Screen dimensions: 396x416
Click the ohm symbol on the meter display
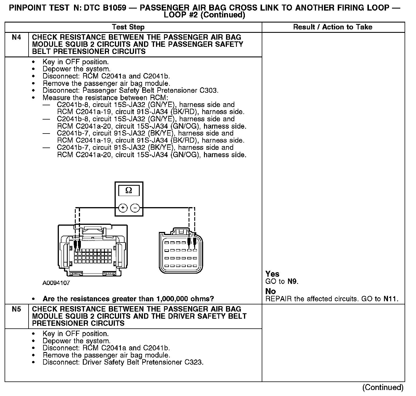click(129, 190)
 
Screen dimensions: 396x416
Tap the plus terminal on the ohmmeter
click(123, 208)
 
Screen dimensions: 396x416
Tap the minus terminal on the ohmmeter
click(135, 208)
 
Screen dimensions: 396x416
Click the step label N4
click(17, 37)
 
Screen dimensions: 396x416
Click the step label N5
click(17, 309)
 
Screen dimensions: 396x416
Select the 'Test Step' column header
click(128, 27)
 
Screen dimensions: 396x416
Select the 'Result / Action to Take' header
click(333, 27)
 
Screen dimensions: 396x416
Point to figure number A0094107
click(56, 283)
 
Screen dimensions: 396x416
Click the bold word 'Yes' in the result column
click(272, 274)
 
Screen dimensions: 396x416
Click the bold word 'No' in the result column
click(271, 291)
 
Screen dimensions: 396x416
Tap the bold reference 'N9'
click(292, 282)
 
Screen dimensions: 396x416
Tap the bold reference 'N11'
click(390, 299)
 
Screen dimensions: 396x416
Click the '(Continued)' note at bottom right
click(383, 387)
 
